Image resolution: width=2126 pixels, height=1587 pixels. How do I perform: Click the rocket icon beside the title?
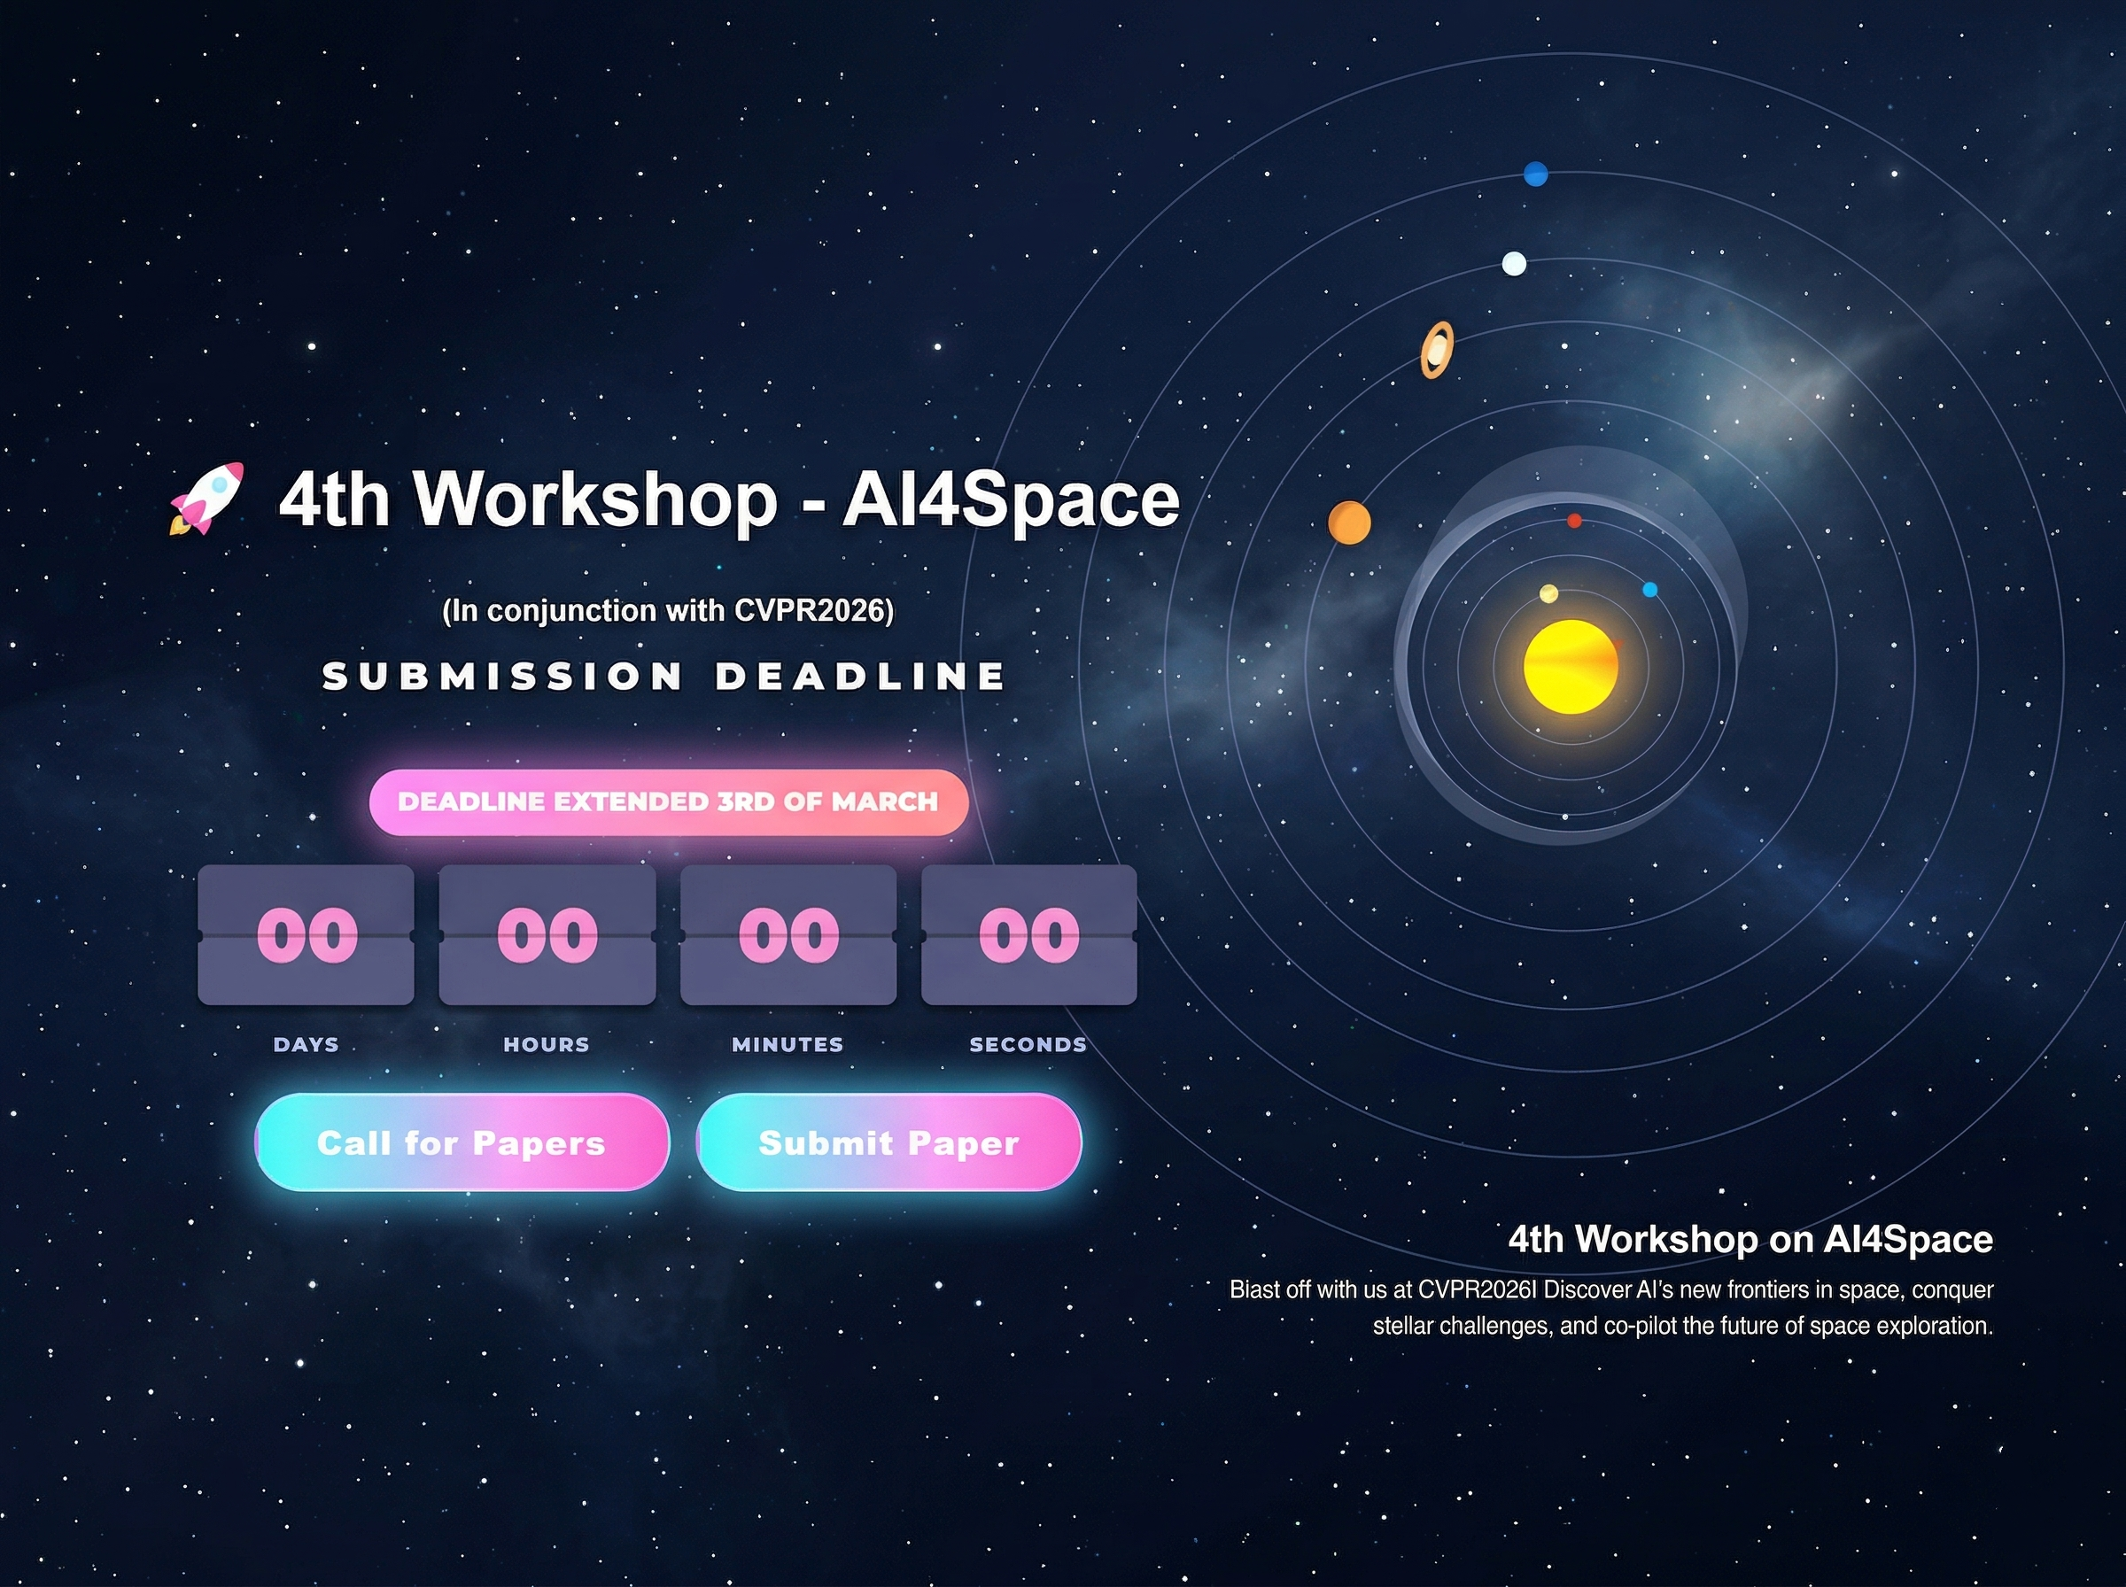pos(206,498)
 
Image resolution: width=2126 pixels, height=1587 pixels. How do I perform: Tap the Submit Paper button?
pos(888,1142)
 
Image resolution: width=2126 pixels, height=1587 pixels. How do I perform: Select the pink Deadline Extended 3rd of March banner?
pos(668,802)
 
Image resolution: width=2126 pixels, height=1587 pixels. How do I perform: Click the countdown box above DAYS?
pos(306,934)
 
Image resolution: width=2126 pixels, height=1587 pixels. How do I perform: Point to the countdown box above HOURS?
pos(547,934)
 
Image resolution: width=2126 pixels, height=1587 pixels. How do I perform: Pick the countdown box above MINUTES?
pos(788,934)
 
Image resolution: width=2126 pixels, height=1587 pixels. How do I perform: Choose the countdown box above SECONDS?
pos(1029,934)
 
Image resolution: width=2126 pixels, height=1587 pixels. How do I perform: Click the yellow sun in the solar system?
pos(1571,667)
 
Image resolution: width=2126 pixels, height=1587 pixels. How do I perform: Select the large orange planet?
pos(1349,523)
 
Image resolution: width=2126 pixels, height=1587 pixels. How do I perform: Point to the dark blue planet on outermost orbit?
pos(1536,174)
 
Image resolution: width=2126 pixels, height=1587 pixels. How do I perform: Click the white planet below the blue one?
pos(1514,263)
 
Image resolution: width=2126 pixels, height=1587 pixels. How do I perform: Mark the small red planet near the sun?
pos(1574,521)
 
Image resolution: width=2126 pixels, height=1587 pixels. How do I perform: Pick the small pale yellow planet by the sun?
pos(1548,593)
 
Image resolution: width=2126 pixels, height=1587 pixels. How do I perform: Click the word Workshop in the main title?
pos(594,499)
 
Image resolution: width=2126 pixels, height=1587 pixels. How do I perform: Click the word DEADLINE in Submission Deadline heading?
pos(861,677)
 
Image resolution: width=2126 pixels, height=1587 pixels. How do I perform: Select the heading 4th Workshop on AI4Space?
pos(1750,1239)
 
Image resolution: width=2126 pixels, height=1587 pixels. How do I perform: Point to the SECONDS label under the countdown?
pos(1028,1044)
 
